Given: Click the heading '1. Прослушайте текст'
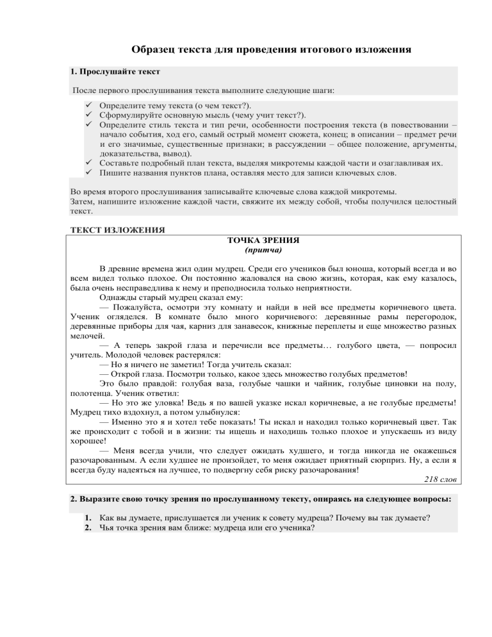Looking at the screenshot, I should [114, 72].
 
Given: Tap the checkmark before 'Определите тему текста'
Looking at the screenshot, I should [88, 105].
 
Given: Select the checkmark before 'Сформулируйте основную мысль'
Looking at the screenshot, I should [88, 115].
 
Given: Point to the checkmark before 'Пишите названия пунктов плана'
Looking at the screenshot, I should [88, 172].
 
